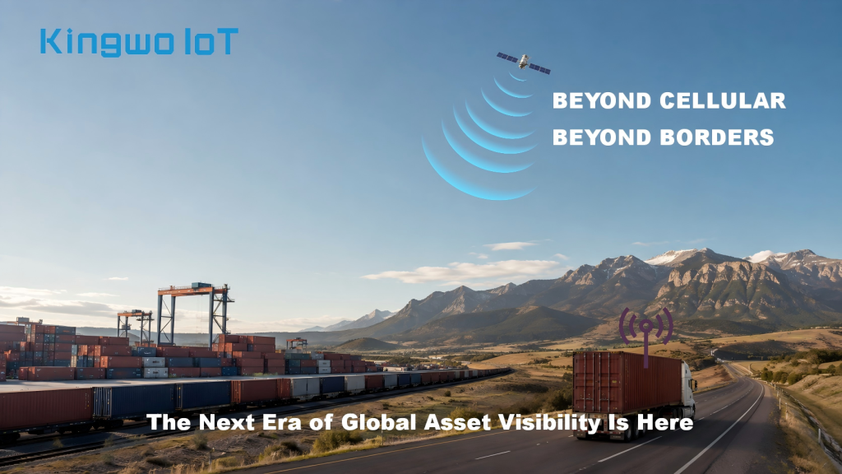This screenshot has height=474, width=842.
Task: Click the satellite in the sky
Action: [x=524, y=63]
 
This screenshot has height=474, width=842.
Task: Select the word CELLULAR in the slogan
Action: [x=722, y=100]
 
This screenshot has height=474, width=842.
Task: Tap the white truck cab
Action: [x=688, y=386]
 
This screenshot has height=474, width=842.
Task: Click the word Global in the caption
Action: [x=380, y=422]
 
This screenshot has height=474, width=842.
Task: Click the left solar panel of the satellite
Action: [x=507, y=57]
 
